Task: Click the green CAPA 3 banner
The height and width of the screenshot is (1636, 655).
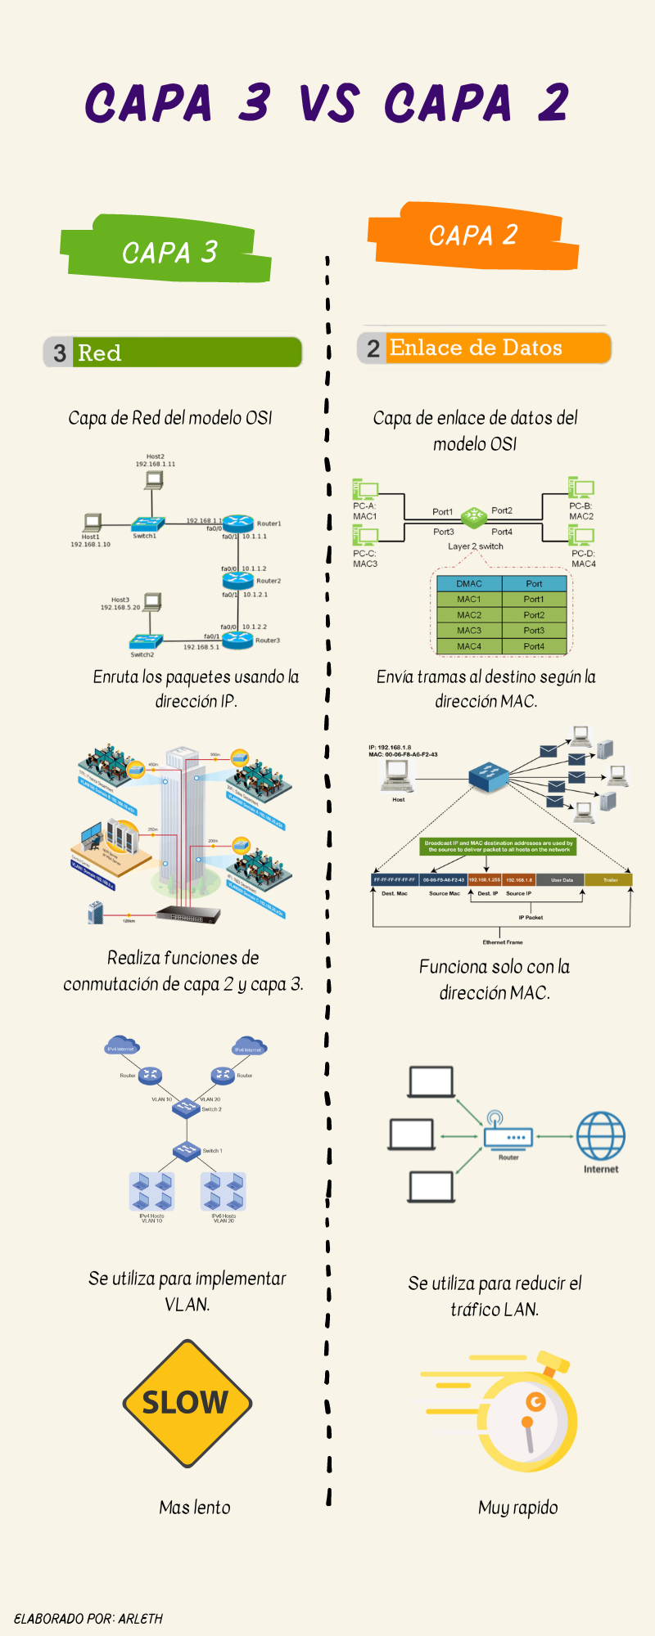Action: click(x=168, y=251)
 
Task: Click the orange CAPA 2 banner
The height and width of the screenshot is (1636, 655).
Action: click(x=473, y=236)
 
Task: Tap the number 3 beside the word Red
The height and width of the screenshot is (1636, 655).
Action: click(x=59, y=353)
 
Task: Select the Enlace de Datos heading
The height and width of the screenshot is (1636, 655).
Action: click(x=476, y=348)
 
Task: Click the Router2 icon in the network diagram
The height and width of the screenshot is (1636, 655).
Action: click(x=238, y=580)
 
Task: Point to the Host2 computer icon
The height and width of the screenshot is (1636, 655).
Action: click(x=153, y=480)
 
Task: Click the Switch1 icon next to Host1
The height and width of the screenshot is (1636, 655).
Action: click(x=148, y=524)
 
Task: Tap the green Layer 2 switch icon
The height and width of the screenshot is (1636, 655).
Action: click(x=473, y=516)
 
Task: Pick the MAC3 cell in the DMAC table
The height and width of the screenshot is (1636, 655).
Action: click(x=469, y=631)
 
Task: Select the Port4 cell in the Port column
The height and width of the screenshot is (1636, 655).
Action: click(x=534, y=646)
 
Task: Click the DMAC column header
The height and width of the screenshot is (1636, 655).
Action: click(x=469, y=583)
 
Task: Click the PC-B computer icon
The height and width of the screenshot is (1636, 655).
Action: click(x=581, y=489)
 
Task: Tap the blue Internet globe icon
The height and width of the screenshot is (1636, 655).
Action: click(x=600, y=1136)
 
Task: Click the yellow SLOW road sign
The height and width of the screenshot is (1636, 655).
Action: click(x=187, y=1403)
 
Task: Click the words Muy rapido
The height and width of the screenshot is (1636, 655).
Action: click(x=517, y=1508)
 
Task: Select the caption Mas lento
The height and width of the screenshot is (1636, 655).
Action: click(x=195, y=1508)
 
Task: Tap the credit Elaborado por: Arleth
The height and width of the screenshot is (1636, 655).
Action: click(x=88, y=1619)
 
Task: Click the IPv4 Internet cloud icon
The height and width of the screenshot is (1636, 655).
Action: click(x=121, y=1046)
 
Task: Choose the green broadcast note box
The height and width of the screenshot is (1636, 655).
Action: click(x=499, y=846)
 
